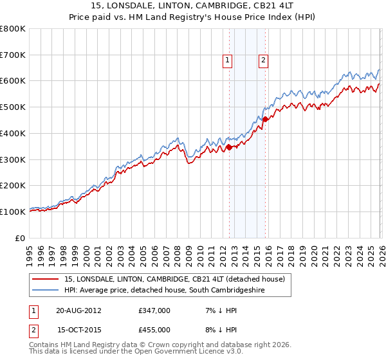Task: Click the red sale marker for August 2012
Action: (x=229, y=147)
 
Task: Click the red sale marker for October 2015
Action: (x=265, y=119)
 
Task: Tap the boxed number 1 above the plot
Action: (x=228, y=60)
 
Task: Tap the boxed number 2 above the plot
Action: (x=264, y=60)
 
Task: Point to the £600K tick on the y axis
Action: (x=14, y=81)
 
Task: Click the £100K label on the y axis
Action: (x=14, y=212)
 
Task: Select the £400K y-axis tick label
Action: (x=14, y=133)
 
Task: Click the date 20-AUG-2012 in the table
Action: (x=79, y=310)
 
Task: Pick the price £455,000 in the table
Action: (x=154, y=330)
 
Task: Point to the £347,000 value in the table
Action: (x=154, y=310)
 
